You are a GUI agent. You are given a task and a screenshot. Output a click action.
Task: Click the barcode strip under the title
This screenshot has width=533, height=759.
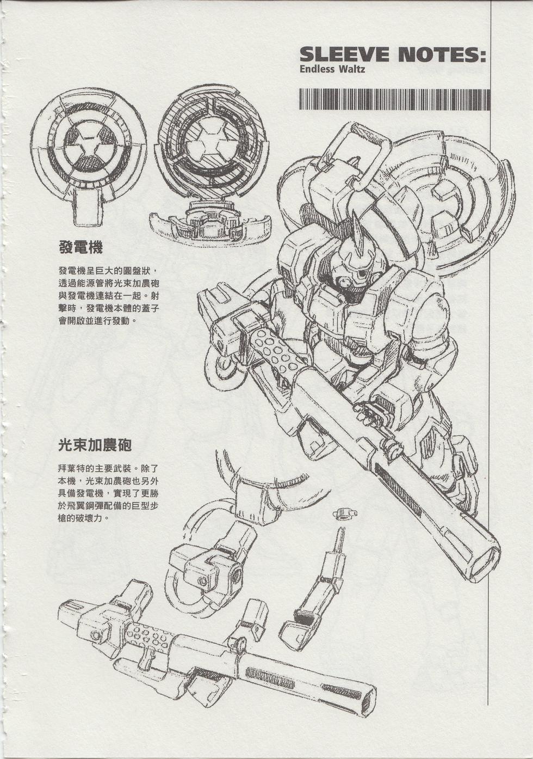[x=395, y=100]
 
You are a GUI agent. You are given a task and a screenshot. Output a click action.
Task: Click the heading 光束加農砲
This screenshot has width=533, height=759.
[x=95, y=445]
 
